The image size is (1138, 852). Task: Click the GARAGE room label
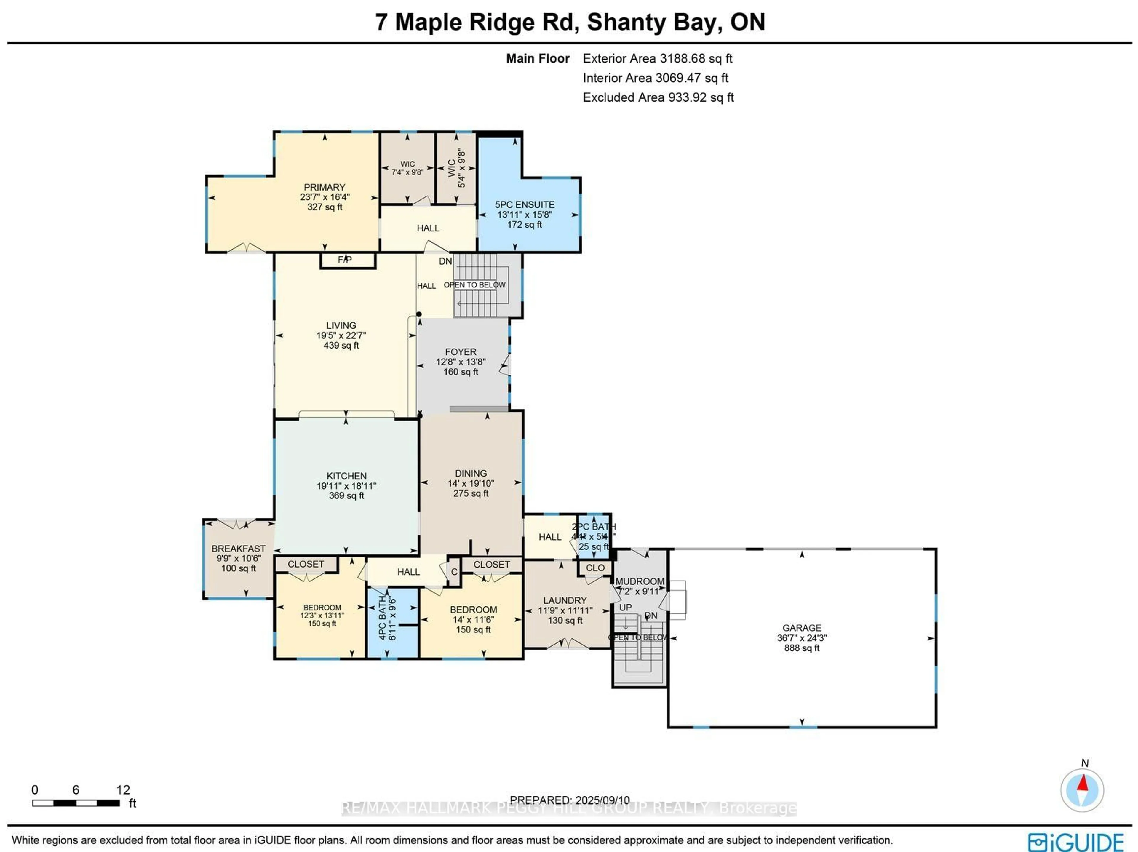(x=802, y=628)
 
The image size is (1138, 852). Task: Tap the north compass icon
(x=1082, y=790)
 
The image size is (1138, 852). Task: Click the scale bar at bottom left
(x=76, y=803)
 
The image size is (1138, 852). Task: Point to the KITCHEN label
(x=346, y=476)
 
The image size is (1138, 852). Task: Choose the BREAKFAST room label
(x=238, y=549)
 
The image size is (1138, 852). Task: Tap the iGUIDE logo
(x=1075, y=842)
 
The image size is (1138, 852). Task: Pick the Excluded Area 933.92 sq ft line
(x=658, y=98)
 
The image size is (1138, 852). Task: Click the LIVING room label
(x=341, y=325)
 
